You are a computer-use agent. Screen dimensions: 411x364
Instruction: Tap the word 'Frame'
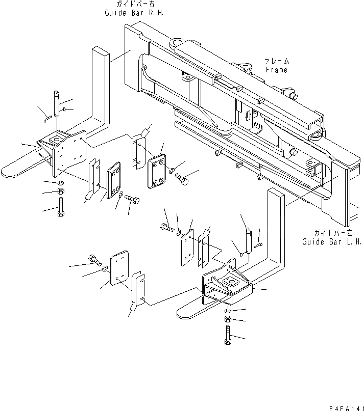[276, 70]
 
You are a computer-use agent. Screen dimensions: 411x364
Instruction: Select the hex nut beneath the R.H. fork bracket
[60, 192]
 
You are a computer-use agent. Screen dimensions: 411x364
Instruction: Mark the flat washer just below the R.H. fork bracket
[60, 182]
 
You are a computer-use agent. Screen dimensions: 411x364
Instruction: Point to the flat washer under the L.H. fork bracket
[227, 310]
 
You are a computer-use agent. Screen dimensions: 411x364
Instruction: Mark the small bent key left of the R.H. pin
[45, 118]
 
